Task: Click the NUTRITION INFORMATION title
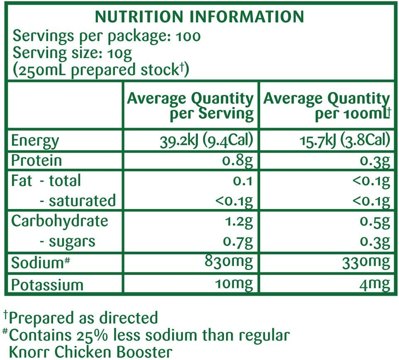tap(199, 17)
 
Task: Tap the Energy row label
tap(35, 141)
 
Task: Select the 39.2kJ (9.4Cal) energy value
tap(206, 140)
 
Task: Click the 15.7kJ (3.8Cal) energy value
tap(345, 140)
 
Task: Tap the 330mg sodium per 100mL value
tap(366, 262)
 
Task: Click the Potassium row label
tap(47, 285)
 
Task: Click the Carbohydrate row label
tap(59, 221)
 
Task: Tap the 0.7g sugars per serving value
tap(237, 241)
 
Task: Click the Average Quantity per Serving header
tap(190, 106)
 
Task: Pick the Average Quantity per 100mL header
tap(327, 106)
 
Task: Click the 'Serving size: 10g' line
tap(73, 53)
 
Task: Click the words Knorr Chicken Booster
tap(90, 352)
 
